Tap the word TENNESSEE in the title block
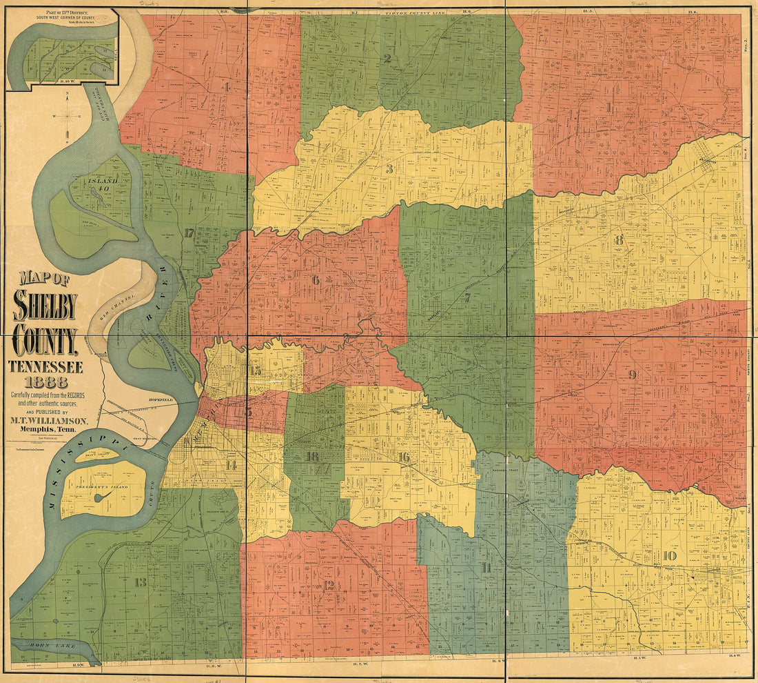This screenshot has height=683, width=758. (x=45, y=366)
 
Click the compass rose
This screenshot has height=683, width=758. (x=67, y=117)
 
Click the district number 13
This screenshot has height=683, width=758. (x=140, y=582)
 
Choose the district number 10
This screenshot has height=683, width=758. (x=669, y=556)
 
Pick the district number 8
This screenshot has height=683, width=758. (x=619, y=240)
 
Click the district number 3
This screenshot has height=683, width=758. (x=389, y=169)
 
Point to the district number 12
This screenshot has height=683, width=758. (x=328, y=585)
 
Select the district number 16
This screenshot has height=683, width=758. (x=403, y=457)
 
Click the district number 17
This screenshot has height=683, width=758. (x=189, y=232)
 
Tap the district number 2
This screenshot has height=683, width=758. (x=387, y=59)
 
